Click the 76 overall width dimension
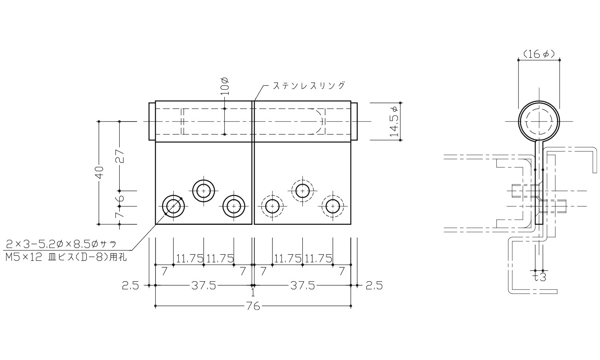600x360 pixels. pyautogui.click(x=253, y=306)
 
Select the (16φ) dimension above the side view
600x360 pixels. pyautogui.click(x=538, y=54)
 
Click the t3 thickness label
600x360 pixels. pyautogui.click(x=540, y=277)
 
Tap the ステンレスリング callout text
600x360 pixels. pyautogui.click(x=308, y=85)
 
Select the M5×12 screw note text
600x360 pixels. pyautogui.click(x=66, y=258)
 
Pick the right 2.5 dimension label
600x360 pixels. pyautogui.click(x=374, y=285)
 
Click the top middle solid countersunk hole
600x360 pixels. pyautogui.click(x=204, y=191)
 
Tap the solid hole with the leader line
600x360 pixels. pyautogui.click(x=173, y=206)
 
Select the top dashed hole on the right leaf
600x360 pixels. pyautogui.click(x=302, y=191)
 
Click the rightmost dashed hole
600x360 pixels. pyautogui.click(x=332, y=206)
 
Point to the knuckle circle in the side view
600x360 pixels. pyautogui.click(x=539, y=121)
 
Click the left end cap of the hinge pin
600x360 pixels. pyautogui.click(x=152, y=121)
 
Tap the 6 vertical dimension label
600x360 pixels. pyautogui.click(x=120, y=198)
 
